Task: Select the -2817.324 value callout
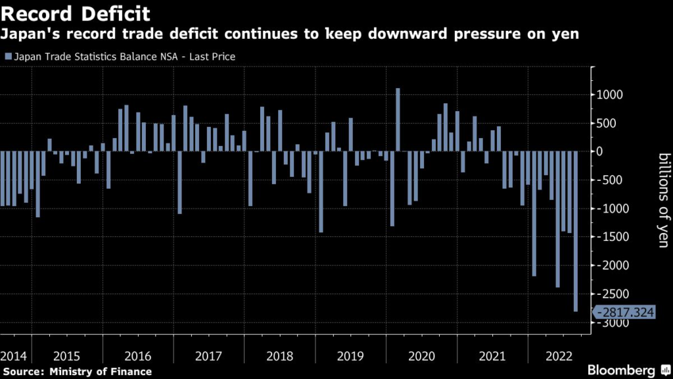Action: (x=624, y=312)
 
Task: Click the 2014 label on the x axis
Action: (x=14, y=356)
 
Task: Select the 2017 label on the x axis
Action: (x=208, y=356)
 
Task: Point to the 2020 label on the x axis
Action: (x=421, y=356)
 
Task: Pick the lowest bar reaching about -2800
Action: (x=576, y=231)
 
